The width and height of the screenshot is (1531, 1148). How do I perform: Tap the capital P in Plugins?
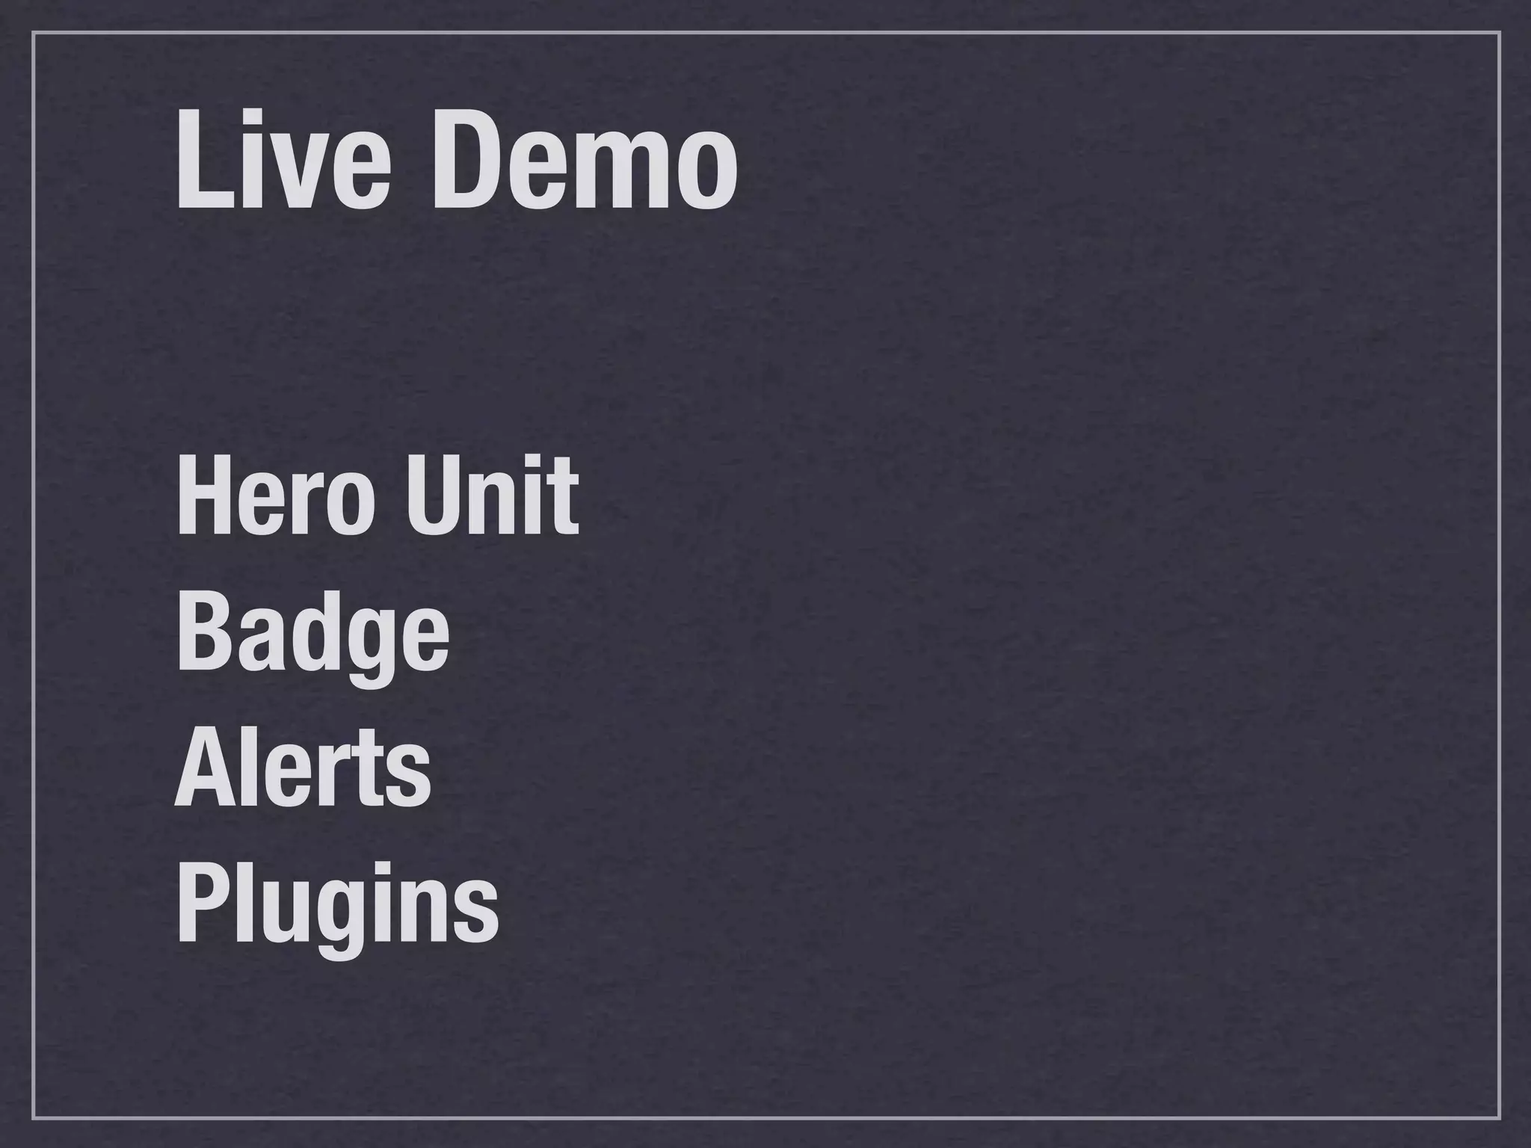click(x=201, y=904)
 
